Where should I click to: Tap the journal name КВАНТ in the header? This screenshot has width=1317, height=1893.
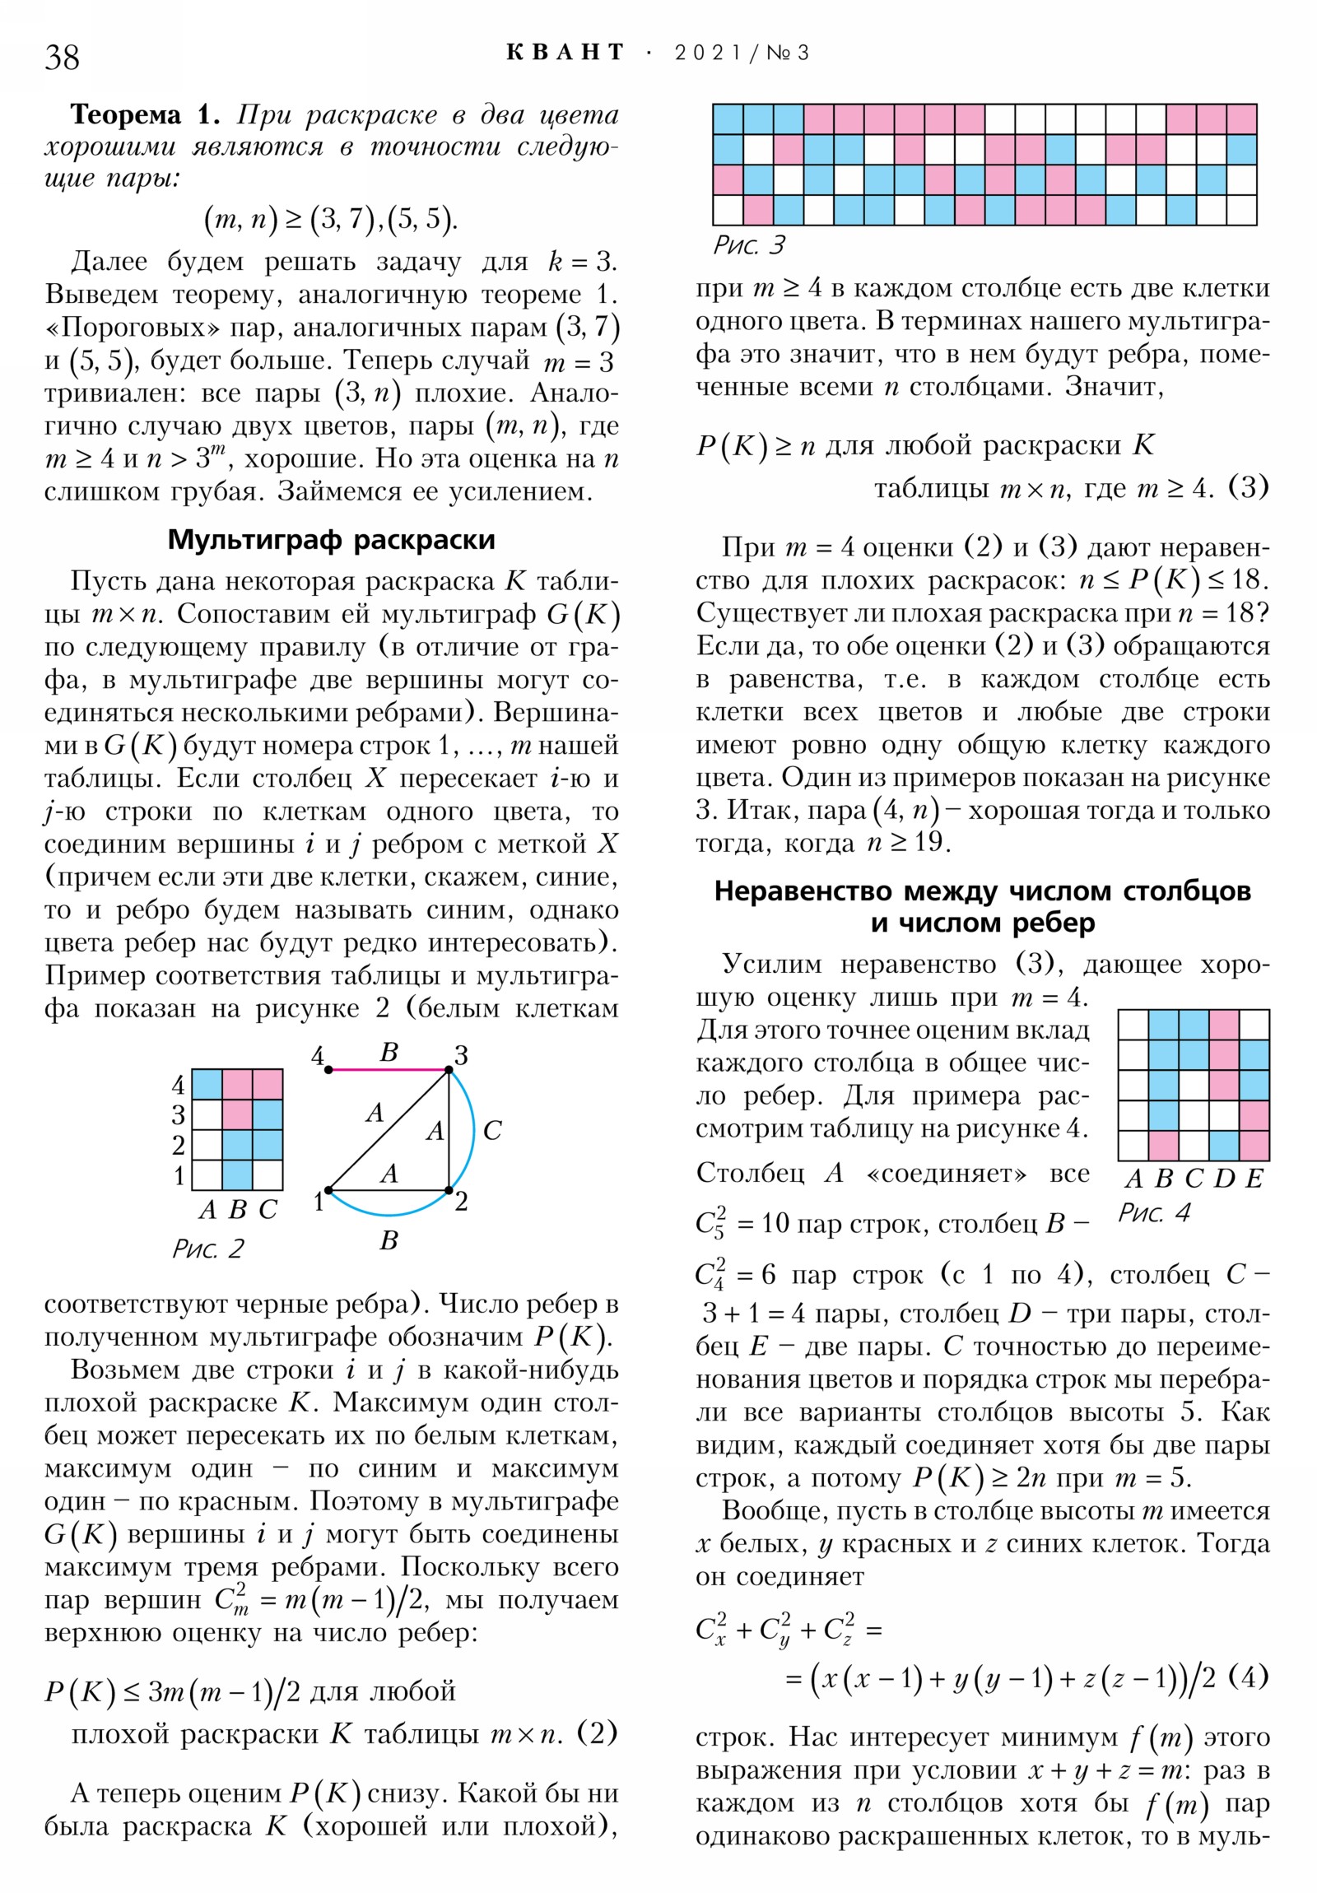[565, 53]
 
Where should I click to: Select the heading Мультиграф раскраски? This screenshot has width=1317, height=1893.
[331, 540]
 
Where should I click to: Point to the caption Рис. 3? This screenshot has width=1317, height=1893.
[749, 245]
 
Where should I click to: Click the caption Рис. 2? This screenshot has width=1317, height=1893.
[207, 1249]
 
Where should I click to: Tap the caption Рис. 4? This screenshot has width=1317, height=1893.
[1154, 1213]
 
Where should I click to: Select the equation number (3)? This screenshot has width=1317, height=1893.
[1248, 488]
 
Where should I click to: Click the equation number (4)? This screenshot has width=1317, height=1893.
[1248, 1677]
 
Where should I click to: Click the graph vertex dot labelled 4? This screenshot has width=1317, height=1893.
[328, 1070]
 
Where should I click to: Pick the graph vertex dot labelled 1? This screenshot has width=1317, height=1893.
[328, 1191]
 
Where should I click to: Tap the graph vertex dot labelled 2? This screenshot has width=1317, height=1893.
[449, 1191]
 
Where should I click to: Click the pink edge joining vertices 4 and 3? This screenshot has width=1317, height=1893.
[388, 1070]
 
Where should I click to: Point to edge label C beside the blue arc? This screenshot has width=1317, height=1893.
[492, 1130]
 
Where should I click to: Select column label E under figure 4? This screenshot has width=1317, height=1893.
[1254, 1179]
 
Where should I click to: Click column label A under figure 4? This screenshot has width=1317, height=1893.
[1134, 1179]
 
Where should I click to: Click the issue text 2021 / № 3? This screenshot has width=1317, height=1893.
[742, 53]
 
